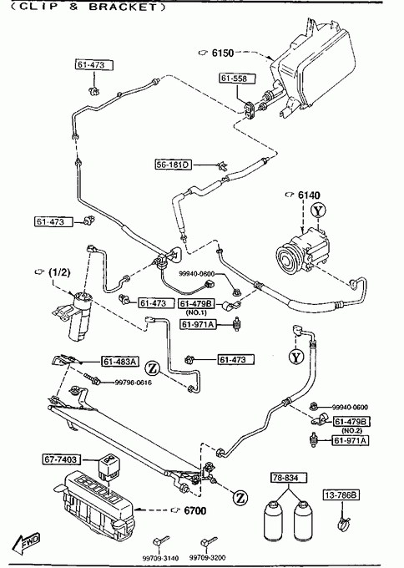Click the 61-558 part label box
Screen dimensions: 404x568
pyautogui.click(x=237, y=79)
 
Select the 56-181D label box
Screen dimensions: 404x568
pyautogui.click(x=173, y=165)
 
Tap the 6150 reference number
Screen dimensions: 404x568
pyautogui.click(x=223, y=53)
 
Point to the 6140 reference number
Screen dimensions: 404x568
pyautogui.click(x=309, y=195)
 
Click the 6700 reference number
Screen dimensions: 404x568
pyautogui.click(x=195, y=510)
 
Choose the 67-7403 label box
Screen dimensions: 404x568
pyautogui.click(x=60, y=459)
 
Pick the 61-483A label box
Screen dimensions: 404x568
pyautogui.click(x=119, y=362)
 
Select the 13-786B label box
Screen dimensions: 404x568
pyautogui.click(x=341, y=494)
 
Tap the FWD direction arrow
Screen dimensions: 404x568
pyautogui.click(x=25, y=543)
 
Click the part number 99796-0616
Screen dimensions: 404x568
pyautogui.click(x=134, y=383)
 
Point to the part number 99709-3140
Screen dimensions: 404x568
pyautogui.click(x=160, y=558)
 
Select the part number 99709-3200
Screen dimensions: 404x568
pyautogui.click(x=207, y=558)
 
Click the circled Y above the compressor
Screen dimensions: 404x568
pyautogui.click(x=317, y=210)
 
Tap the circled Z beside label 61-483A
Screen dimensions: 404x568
pyautogui.click(x=153, y=368)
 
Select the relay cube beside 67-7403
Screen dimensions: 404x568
pyautogui.click(x=109, y=469)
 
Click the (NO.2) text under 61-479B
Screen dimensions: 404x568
pyautogui.click(x=351, y=431)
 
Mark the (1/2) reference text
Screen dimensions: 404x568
pyautogui.click(x=59, y=272)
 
